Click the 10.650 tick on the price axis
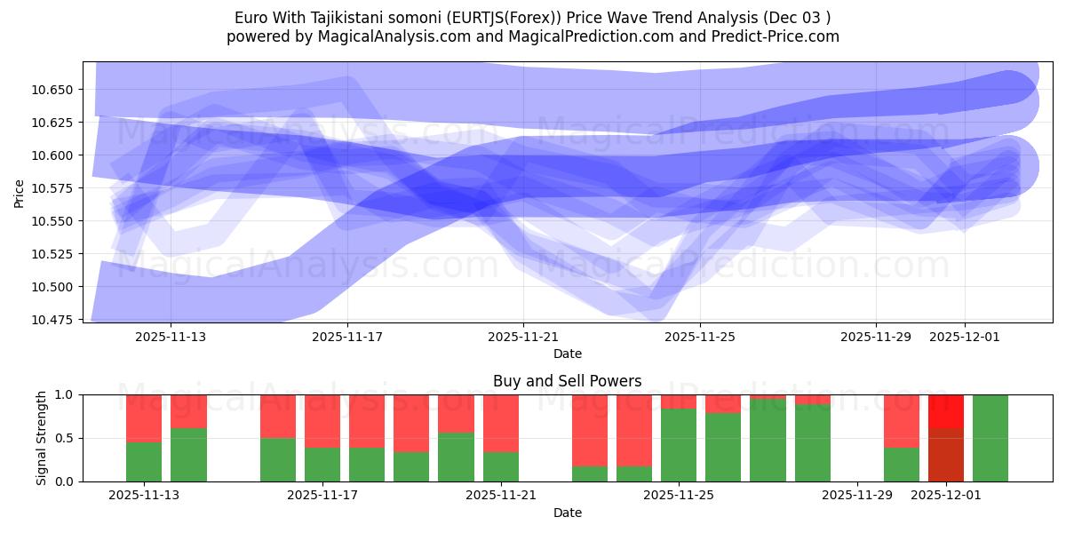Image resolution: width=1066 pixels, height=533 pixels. [x=54, y=90]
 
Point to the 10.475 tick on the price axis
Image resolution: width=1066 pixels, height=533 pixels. [x=54, y=320]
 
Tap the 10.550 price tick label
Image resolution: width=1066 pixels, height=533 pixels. [x=54, y=221]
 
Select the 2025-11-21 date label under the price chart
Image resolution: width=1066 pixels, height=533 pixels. [x=523, y=338]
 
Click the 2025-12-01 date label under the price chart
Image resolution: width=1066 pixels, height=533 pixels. [x=965, y=338]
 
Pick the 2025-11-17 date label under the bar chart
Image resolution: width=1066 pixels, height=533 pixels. [x=322, y=496]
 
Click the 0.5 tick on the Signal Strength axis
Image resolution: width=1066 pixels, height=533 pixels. [x=66, y=438]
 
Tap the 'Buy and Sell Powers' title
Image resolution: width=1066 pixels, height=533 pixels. [x=567, y=381]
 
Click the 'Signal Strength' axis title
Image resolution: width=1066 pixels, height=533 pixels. [x=40, y=438]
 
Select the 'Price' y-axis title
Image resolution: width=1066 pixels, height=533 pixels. [x=20, y=193]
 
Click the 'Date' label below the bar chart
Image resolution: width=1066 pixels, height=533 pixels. [x=567, y=513]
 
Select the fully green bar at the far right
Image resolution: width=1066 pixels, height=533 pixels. [x=990, y=438]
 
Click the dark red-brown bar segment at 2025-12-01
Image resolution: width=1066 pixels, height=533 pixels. [x=946, y=455]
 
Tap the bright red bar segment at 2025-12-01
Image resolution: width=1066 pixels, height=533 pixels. [x=946, y=411]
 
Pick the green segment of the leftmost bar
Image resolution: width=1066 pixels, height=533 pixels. [x=144, y=462]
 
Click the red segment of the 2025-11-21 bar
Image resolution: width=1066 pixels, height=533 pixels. [x=501, y=423]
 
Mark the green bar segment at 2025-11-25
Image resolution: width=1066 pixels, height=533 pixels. [x=679, y=445]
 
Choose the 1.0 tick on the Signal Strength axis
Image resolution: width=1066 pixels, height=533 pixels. [x=66, y=394]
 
